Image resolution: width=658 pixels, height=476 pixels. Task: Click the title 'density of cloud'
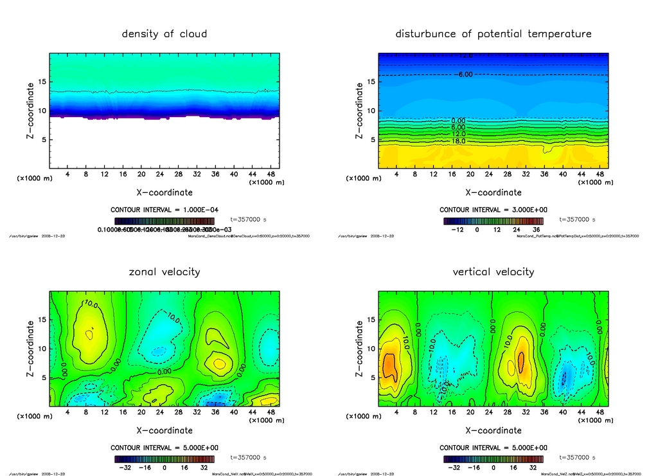164,33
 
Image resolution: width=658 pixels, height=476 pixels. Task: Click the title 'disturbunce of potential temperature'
493,33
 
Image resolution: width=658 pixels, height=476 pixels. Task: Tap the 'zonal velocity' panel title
164,271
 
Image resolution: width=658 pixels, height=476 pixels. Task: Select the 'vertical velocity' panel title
493,271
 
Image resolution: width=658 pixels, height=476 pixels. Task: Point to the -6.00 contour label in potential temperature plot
463,75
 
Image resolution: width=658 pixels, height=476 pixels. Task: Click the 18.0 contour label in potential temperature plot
458,141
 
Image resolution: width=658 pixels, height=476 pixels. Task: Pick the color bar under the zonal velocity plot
164,459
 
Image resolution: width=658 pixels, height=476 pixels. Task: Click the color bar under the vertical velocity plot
493,459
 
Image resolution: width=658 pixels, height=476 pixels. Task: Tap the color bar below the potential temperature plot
493,221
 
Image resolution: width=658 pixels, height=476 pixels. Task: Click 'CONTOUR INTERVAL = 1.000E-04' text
164,210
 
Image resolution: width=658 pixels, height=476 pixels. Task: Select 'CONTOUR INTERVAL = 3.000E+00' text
493,210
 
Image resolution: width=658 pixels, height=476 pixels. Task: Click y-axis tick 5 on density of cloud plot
45,140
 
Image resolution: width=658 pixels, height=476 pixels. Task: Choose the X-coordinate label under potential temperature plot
493,192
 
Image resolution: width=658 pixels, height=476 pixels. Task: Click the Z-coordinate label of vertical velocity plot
359,348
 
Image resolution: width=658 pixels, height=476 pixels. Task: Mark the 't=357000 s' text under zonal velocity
248,458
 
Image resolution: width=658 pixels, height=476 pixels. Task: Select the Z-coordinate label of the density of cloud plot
30,110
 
